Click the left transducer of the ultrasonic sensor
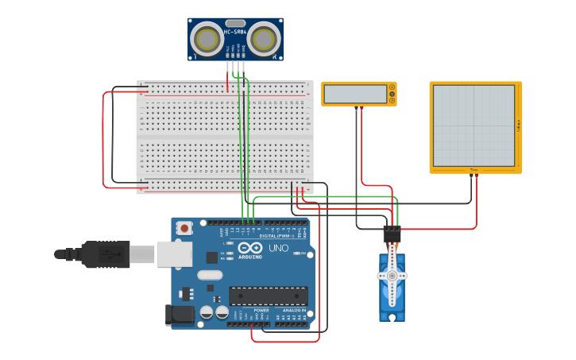208,39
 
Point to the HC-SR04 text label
235,33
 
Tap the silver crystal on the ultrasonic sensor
235,24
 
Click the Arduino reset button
185,228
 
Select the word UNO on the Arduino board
278,249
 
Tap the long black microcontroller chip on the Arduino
269,296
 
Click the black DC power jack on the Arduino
179,315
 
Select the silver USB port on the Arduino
174,254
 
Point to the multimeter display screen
354,94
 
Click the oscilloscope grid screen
474,126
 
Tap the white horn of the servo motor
391,276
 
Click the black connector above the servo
392,233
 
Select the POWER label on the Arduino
250,311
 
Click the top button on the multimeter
392,87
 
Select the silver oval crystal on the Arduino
210,275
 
